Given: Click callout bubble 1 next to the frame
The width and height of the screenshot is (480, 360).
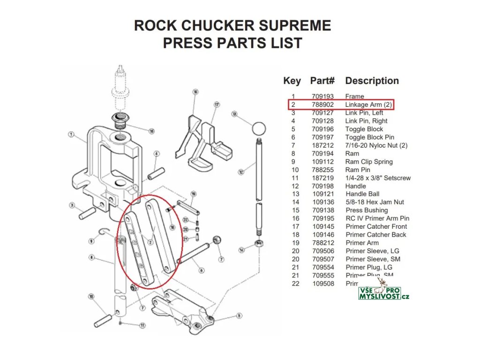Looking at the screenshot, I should [x=71, y=135].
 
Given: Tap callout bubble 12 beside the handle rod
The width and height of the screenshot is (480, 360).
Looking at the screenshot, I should [x=241, y=172].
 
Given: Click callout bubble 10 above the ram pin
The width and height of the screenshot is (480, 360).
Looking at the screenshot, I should [x=91, y=296].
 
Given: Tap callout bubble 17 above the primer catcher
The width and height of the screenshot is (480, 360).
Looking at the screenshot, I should [x=217, y=105].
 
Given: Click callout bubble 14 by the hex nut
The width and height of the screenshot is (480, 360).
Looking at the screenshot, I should [x=241, y=249].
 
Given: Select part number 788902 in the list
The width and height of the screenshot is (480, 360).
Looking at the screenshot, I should [x=322, y=105].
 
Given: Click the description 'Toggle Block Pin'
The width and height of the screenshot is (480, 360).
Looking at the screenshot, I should [x=370, y=137].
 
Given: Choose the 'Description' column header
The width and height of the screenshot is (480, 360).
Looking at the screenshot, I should [x=372, y=81].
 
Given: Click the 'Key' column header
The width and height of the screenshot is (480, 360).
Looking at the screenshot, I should [x=292, y=81].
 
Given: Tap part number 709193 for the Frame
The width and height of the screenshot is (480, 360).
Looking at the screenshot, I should [x=322, y=97].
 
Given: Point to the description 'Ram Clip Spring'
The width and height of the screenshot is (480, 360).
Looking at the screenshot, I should [x=369, y=162].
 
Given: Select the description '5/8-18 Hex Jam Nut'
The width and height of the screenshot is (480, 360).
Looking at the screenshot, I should [x=375, y=202].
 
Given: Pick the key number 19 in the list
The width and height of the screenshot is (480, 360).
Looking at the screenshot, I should [x=295, y=243].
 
